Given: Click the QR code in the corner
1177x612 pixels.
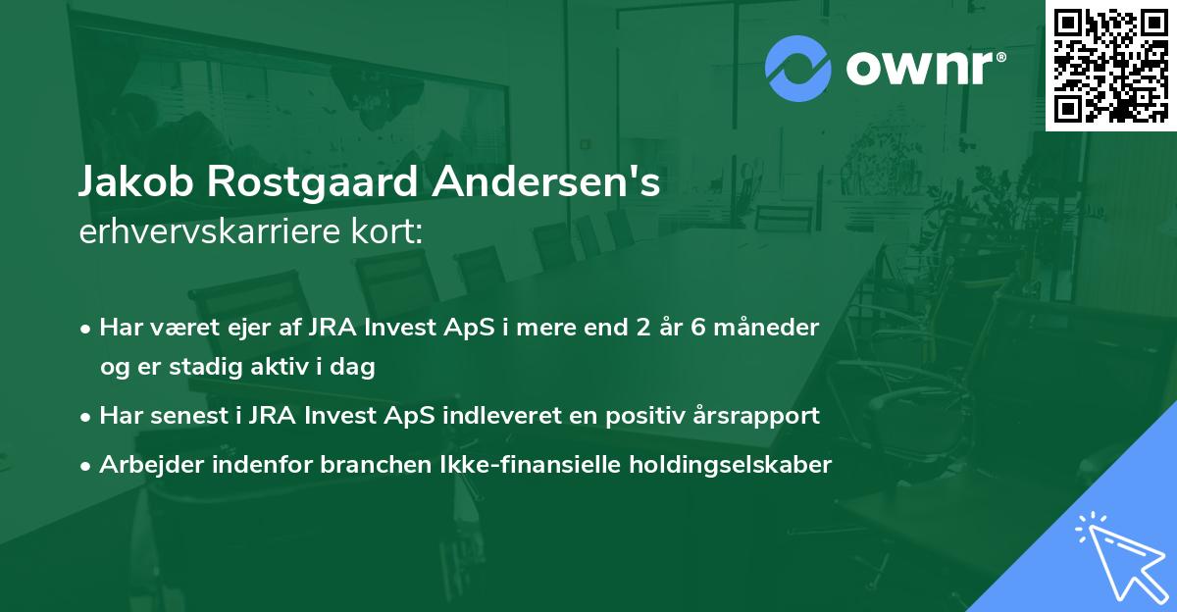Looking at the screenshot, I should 1110,65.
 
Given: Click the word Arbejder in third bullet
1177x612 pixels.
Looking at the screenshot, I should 143,465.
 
